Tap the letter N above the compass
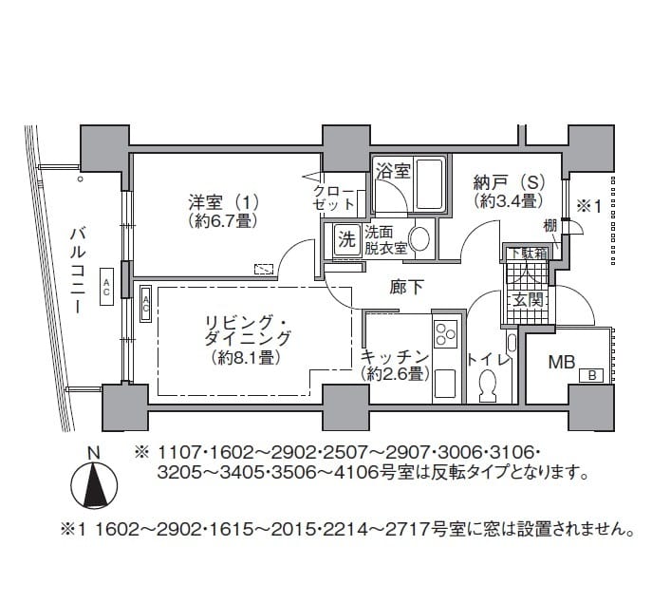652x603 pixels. (x=93, y=453)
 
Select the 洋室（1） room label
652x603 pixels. (x=223, y=202)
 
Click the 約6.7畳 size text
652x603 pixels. (x=223, y=220)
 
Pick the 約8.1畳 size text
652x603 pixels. (x=244, y=358)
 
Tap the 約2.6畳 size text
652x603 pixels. (x=397, y=374)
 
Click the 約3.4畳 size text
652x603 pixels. (x=508, y=201)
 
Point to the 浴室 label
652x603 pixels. (x=392, y=172)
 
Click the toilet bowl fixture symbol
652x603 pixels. (x=489, y=385)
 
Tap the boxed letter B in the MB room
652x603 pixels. (x=592, y=376)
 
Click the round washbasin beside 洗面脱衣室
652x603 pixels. (x=419, y=237)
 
